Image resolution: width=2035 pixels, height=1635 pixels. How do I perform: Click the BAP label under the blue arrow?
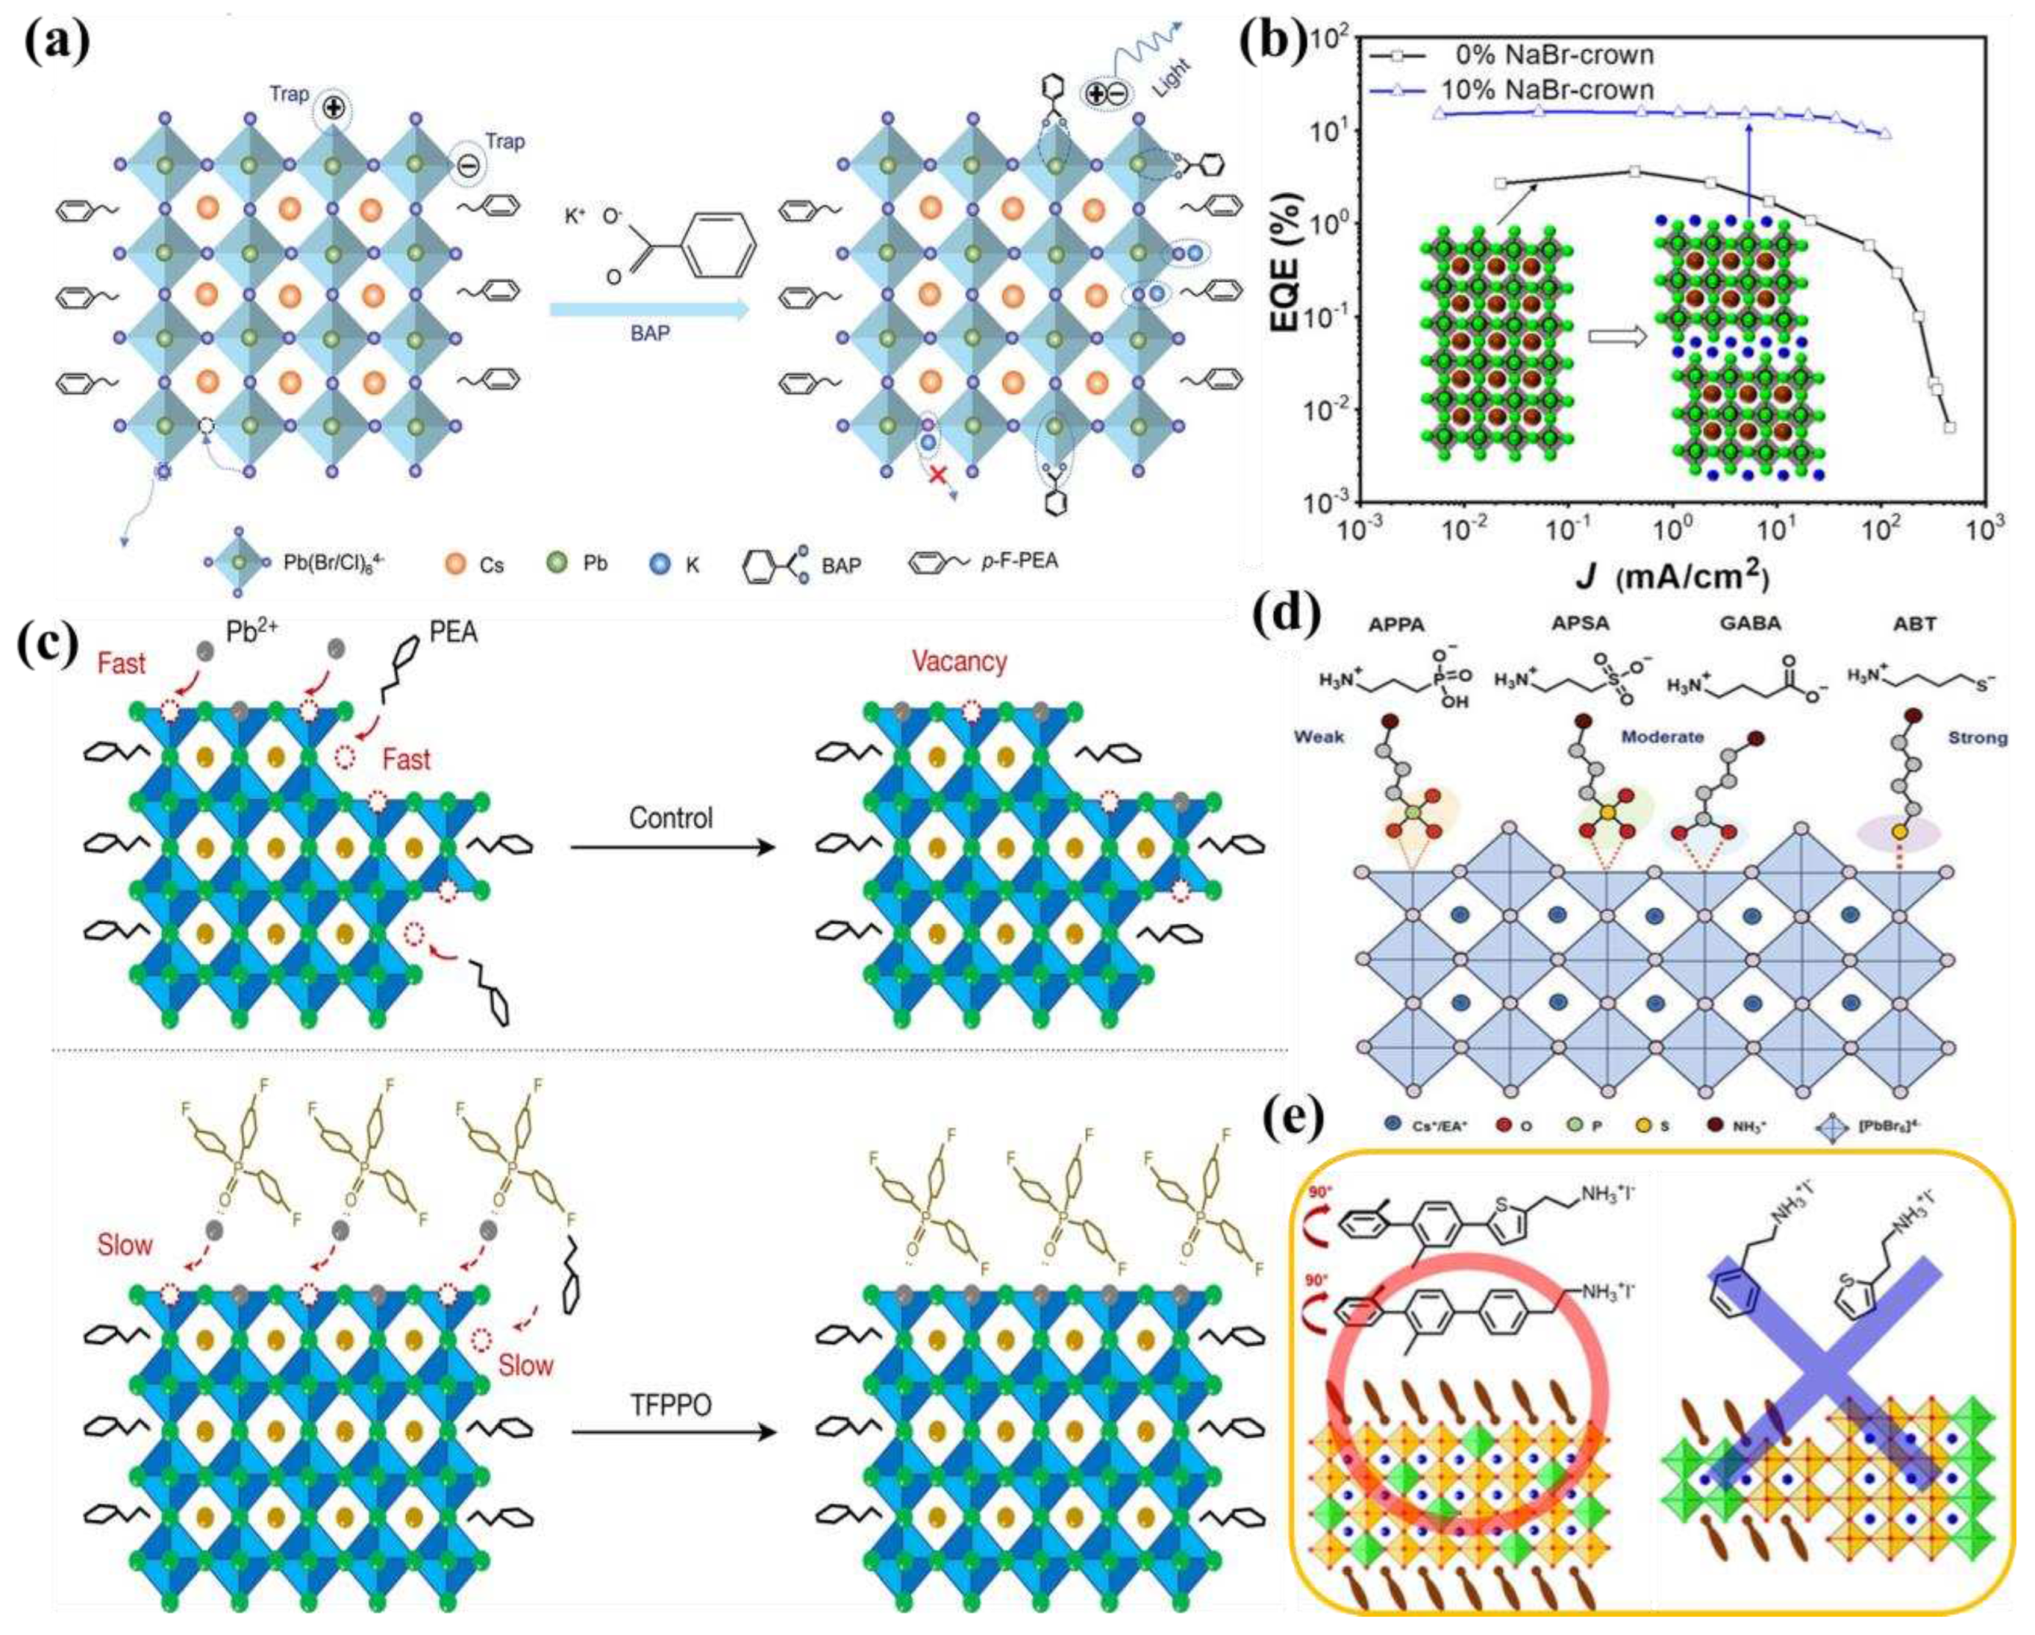pos(649,333)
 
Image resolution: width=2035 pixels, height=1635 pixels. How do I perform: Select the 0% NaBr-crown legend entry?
pos(1557,54)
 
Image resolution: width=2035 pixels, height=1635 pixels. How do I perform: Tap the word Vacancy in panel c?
pos(959,662)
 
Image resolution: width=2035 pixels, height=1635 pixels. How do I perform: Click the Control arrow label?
pos(671,817)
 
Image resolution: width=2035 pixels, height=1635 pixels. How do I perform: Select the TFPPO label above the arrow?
pos(671,1406)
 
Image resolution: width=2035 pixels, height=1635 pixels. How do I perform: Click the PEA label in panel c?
pos(453,632)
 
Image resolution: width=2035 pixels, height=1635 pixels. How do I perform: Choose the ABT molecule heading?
pos(1914,624)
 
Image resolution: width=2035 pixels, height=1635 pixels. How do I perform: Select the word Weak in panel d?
pos(1320,737)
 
